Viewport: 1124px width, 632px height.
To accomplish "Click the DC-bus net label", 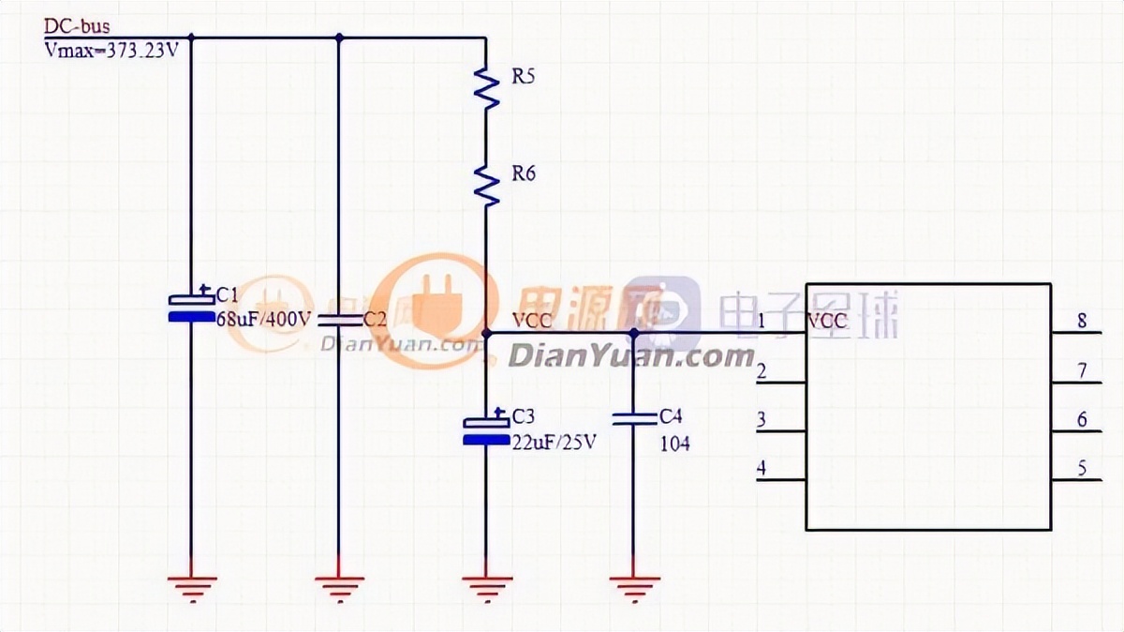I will click(77, 27).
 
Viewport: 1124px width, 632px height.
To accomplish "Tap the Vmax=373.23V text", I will click(111, 52).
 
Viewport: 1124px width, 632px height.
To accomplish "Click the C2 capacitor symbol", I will click(338, 320).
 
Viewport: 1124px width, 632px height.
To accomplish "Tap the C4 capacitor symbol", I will click(633, 418).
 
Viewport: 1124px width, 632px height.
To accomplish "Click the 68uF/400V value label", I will click(263, 320).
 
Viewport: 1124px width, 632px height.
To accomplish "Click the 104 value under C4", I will click(674, 444).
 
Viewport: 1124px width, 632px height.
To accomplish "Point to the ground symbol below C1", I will click(191, 586).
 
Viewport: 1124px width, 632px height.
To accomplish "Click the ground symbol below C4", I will click(633, 586).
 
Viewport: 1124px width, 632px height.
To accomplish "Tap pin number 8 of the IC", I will click(1082, 321).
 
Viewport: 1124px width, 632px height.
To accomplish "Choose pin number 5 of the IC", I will click(1082, 468).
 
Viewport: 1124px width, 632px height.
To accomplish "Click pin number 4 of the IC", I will click(762, 467).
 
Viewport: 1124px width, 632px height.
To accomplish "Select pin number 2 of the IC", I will click(762, 370).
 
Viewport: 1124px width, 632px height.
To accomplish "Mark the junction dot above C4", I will click(633, 333).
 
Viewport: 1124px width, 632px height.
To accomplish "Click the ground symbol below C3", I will click(486, 586).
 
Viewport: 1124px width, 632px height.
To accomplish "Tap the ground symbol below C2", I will click(338, 586).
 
